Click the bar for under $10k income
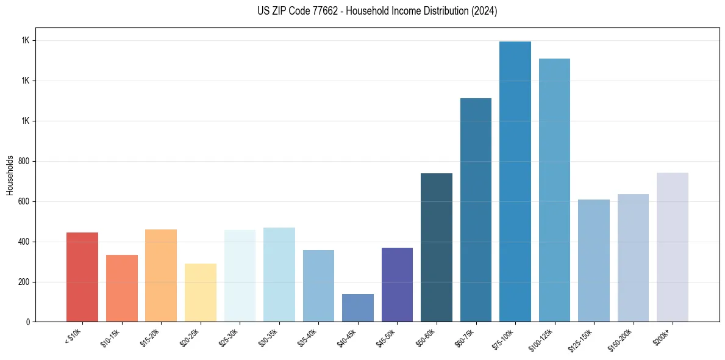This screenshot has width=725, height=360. [82, 277]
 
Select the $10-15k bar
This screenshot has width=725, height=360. [122, 288]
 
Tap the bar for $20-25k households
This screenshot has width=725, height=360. [201, 292]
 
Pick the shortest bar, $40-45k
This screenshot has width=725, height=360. [358, 308]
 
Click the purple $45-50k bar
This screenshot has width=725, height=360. [397, 284]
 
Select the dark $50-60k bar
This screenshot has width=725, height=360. [437, 247]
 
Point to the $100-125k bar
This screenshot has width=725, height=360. [554, 190]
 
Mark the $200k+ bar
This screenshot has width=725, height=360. [673, 247]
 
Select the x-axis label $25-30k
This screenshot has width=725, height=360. [229, 336]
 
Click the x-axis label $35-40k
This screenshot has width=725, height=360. [308, 336]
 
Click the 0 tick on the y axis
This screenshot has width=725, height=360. [27, 322]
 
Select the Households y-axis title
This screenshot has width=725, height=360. [10, 175]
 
